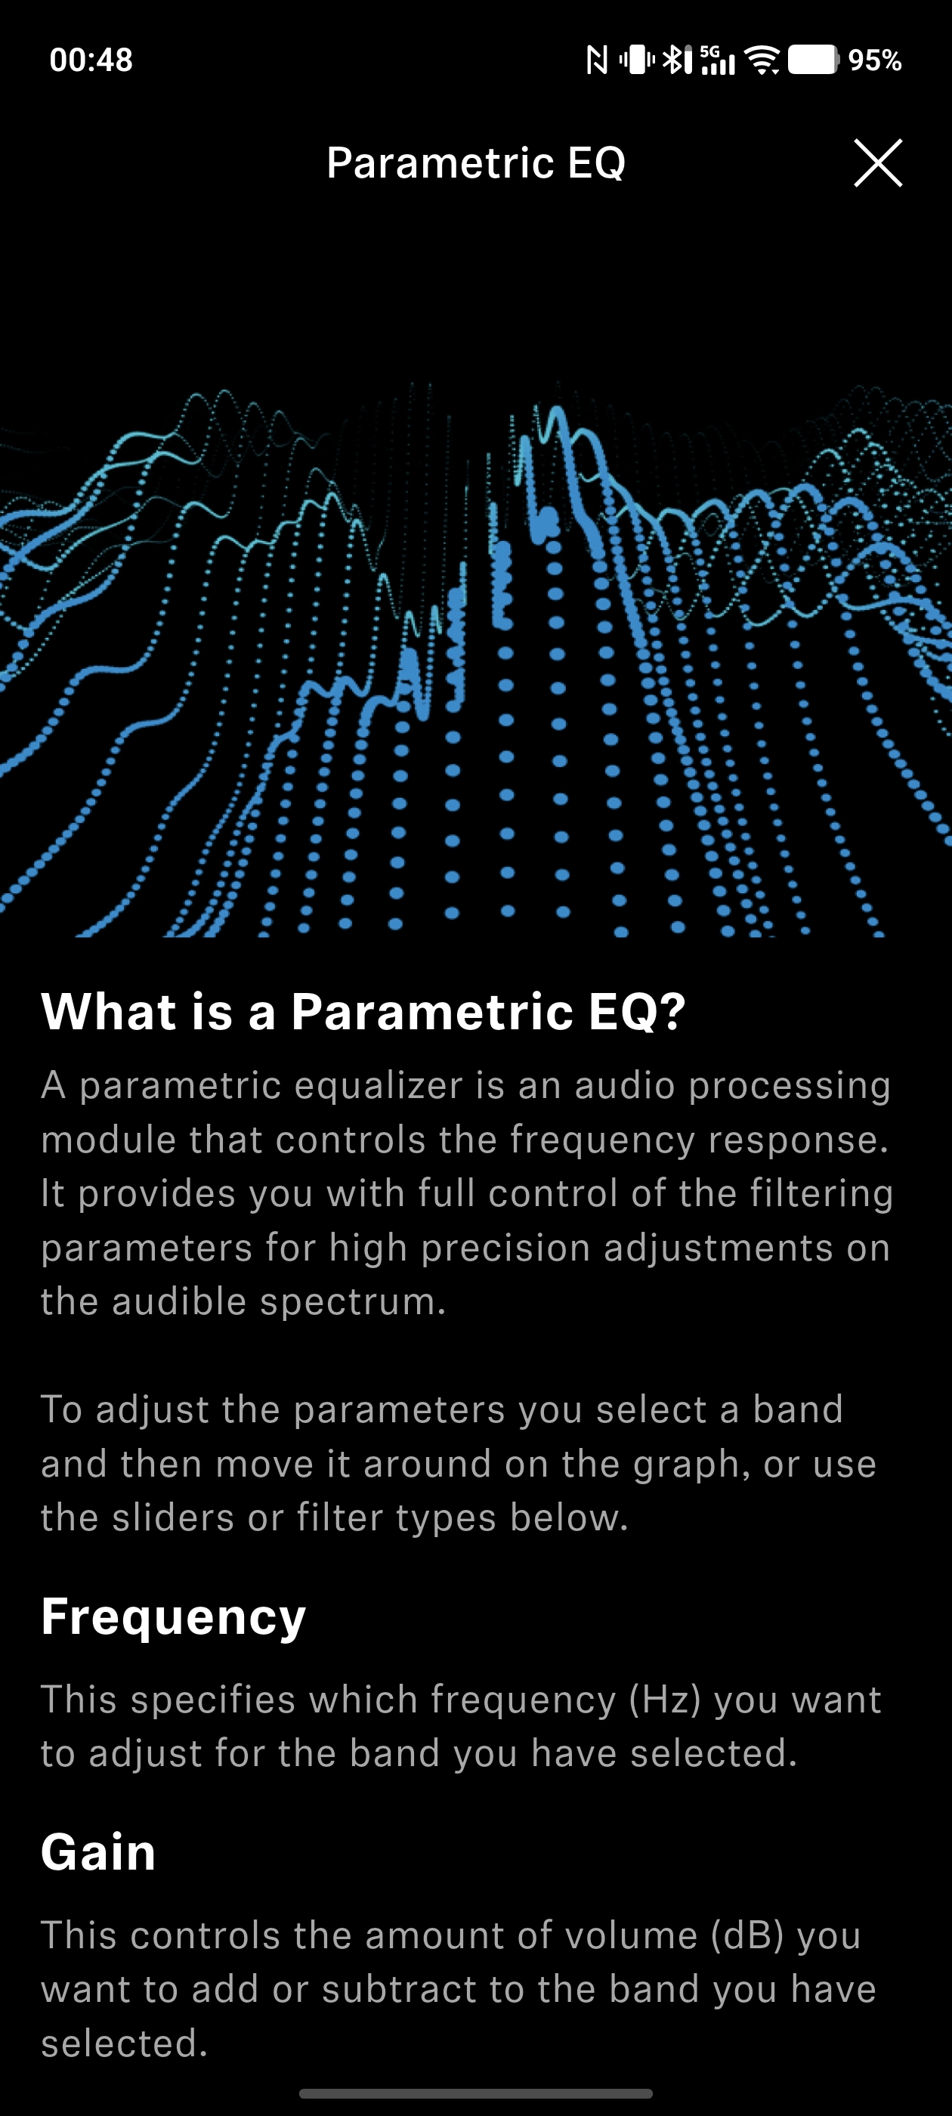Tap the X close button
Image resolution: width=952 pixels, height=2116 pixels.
pyautogui.click(x=878, y=162)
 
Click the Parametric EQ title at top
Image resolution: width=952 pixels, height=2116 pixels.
pyautogui.click(x=475, y=162)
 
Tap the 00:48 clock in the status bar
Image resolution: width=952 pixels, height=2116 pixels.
pyautogui.click(x=91, y=60)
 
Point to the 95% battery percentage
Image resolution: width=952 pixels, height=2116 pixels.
pyautogui.click(x=875, y=60)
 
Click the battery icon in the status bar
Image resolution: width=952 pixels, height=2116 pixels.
pyautogui.click(x=813, y=59)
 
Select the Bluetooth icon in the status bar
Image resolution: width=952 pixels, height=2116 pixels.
pyautogui.click(x=677, y=59)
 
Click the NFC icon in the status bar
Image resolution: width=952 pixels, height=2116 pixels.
pyautogui.click(x=597, y=60)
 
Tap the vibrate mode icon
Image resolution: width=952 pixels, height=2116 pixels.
pyautogui.click(x=637, y=59)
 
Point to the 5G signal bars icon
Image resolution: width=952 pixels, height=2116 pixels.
pyautogui.click(x=717, y=60)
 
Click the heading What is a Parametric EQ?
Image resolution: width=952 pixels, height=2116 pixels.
pyautogui.click(x=363, y=1010)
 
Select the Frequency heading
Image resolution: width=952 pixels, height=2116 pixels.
pyautogui.click(x=173, y=1616)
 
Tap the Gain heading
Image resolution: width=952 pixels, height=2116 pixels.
pyautogui.click(x=98, y=1851)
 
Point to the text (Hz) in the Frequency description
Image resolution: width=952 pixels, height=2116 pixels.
pyautogui.click(x=664, y=1699)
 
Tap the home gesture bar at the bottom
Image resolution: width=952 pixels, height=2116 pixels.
pyautogui.click(x=475, y=2094)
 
